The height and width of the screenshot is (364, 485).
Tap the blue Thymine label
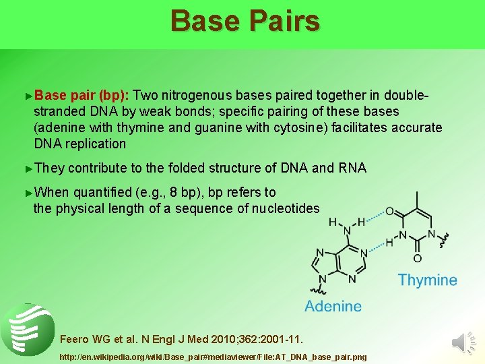(427, 280)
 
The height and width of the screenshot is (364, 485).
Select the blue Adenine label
(333, 306)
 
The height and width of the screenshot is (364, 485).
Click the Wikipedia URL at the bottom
(214, 355)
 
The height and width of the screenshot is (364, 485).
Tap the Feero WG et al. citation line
(182, 338)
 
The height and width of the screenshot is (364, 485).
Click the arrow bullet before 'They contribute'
(28, 168)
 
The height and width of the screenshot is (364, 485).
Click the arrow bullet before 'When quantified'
(28, 192)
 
